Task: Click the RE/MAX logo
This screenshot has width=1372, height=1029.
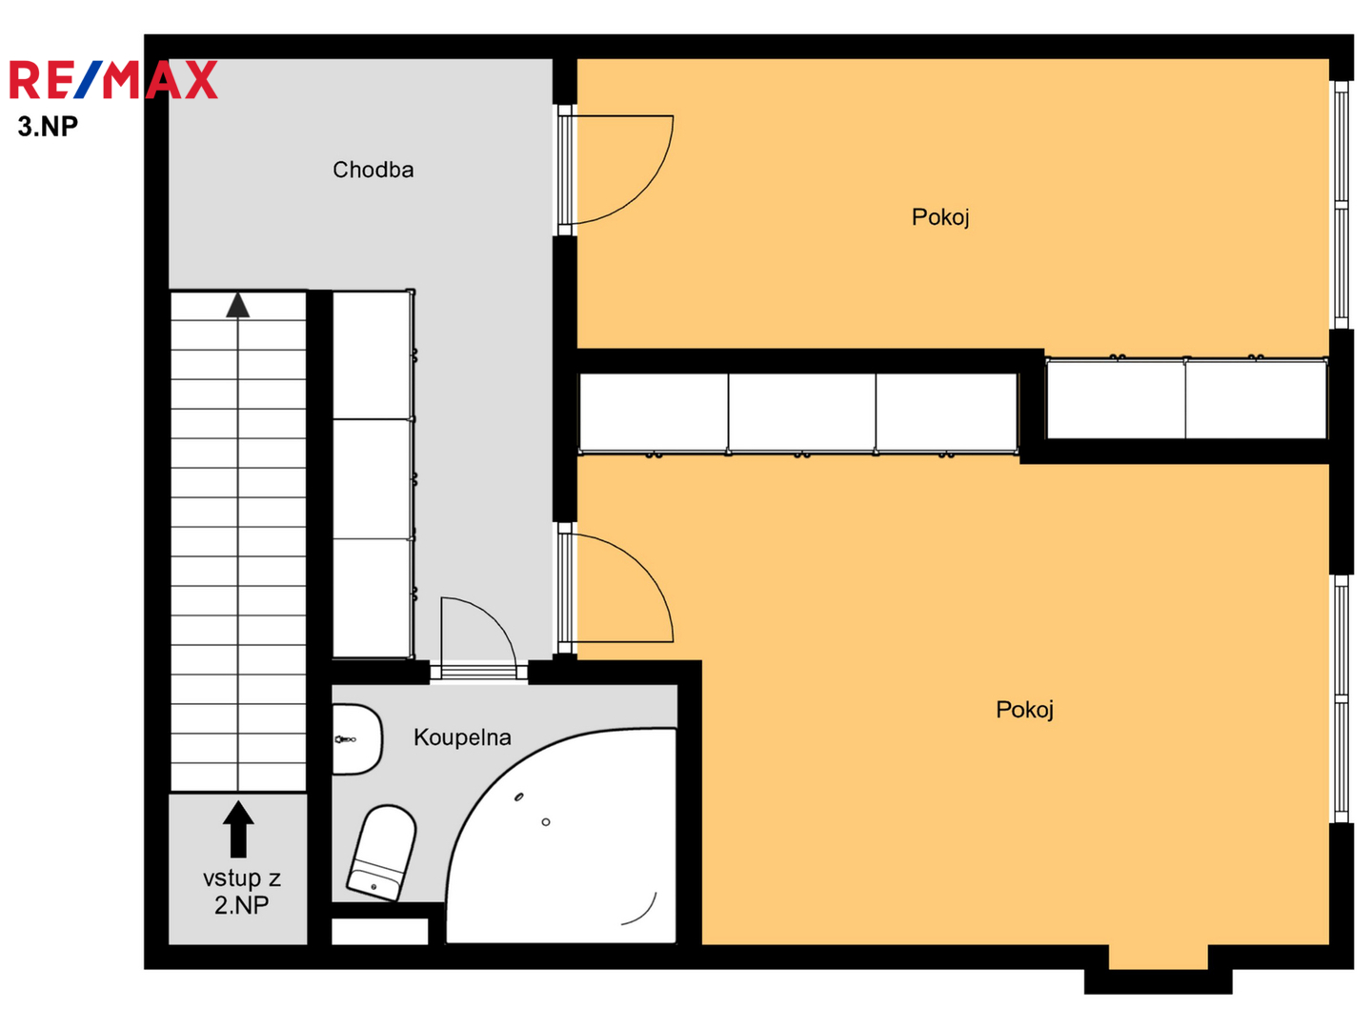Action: pyautogui.click(x=113, y=79)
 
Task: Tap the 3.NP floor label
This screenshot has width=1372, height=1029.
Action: pyautogui.click(x=49, y=126)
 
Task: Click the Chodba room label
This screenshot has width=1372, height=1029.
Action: pyautogui.click(x=373, y=170)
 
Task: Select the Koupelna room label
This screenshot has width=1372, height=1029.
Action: pyautogui.click(x=462, y=737)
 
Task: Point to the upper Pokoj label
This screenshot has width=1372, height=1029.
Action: pyautogui.click(x=940, y=217)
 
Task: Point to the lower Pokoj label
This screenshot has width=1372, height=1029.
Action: pyautogui.click(x=1024, y=709)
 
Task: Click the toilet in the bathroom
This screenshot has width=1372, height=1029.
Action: pyautogui.click(x=382, y=853)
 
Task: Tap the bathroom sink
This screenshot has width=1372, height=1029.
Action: pyautogui.click(x=357, y=739)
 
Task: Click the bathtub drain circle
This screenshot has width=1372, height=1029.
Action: pyautogui.click(x=546, y=822)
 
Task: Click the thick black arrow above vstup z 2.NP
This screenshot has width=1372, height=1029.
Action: pyautogui.click(x=238, y=829)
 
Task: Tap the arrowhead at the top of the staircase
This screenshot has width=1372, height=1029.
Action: pyautogui.click(x=237, y=305)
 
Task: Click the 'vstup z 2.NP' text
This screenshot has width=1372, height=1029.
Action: pyautogui.click(x=241, y=892)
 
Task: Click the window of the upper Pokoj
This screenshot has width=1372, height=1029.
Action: pyautogui.click(x=1341, y=205)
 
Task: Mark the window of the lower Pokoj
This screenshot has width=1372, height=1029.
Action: pyautogui.click(x=1341, y=699)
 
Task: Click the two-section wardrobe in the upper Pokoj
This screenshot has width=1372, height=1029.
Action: pyautogui.click(x=1186, y=398)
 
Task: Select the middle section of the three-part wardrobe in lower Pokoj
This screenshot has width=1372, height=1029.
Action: pyautogui.click(x=802, y=413)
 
